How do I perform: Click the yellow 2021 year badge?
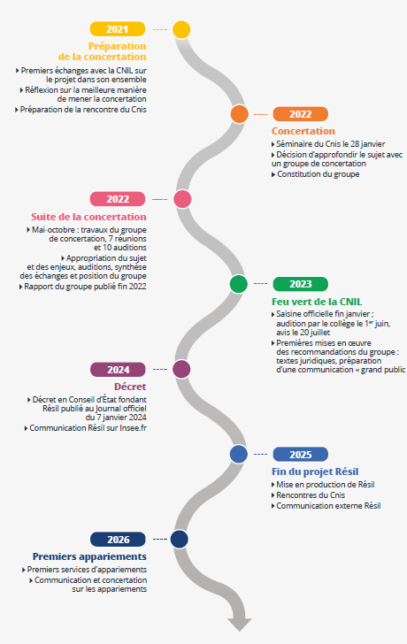(118, 29)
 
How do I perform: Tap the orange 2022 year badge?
(300, 114)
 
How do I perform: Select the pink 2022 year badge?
(118, 199)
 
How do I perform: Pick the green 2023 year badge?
(300, 284)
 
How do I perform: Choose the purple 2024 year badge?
(118, 370)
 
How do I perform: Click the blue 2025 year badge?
(300, 455)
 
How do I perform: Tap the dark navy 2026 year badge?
(118, 540)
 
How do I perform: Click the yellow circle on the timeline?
(181, 29)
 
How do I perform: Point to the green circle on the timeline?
(239, 284)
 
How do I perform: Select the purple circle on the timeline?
(181, 369)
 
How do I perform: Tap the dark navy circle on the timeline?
(180, 540)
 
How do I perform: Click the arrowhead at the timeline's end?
(240, 624)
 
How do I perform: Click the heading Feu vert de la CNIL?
(317, 302)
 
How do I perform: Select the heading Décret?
(130, 387)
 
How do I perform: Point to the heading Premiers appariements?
(89, 557)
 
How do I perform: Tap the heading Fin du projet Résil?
(315, 471)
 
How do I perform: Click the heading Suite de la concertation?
(88, 217)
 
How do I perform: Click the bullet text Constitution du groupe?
(315, 174)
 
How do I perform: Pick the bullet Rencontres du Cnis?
(308, 495)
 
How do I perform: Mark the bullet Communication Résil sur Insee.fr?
(86, 428)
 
